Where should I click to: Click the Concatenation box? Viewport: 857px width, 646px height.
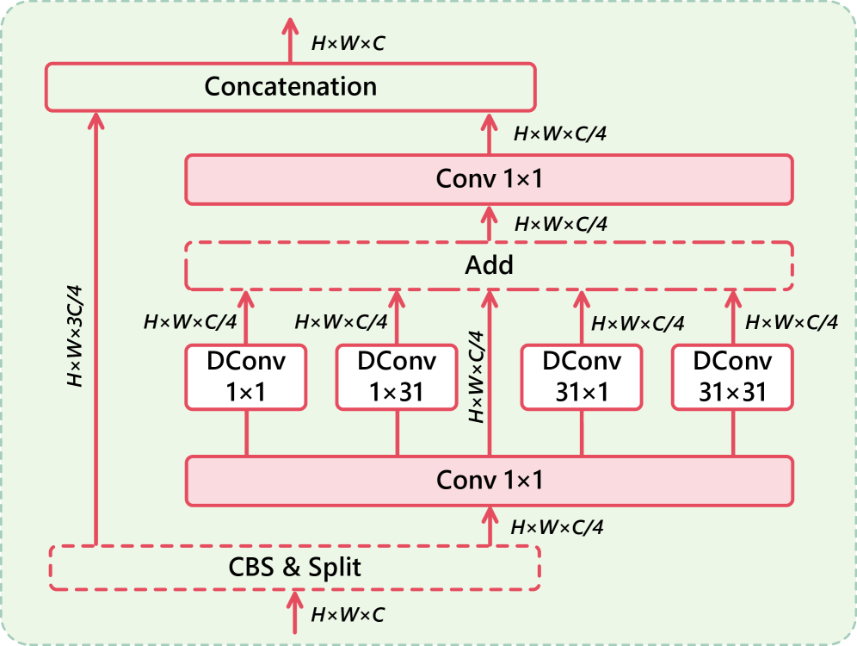(290, 87)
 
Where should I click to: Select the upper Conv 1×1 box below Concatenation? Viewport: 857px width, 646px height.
(489, 179)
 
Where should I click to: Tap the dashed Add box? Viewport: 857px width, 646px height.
(489, 264)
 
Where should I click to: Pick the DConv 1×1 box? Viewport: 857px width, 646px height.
(246, 376)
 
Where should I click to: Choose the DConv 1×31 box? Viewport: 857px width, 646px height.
(397, 376)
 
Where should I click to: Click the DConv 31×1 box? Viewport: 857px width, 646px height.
(582, 376)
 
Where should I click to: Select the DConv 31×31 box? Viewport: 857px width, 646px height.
(733, 376)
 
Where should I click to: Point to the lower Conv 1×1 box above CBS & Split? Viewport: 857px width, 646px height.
(489, 480)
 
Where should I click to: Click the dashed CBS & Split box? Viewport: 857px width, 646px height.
(294, 568)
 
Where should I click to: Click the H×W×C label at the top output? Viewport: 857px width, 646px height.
(347, 40)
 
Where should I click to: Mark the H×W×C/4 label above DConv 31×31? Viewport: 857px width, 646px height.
(791, 322)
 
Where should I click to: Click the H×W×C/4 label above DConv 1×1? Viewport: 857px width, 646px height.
(189, 322)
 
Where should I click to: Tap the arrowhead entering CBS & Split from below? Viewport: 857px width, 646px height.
(294, 597)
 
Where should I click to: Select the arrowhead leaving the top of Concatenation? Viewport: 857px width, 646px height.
(291, 31)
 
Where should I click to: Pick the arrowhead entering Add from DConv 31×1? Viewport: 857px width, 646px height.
(582, 297)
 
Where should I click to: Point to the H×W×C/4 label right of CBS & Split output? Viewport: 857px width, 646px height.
(557, 526)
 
